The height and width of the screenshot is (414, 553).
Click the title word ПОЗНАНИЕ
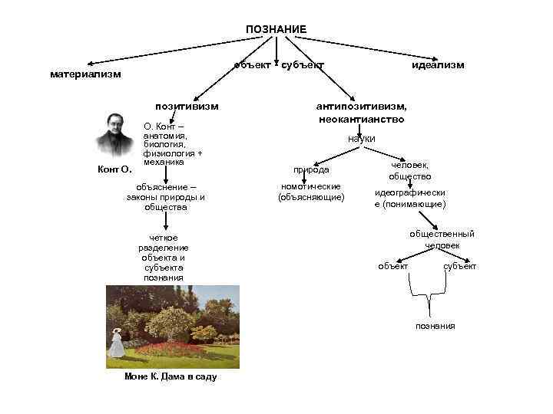(276, 29)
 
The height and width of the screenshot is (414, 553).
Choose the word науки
(361, 139)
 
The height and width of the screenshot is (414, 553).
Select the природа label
(312, 169)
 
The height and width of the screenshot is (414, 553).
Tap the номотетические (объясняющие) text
(312, 192)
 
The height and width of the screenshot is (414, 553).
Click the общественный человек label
(442, 239)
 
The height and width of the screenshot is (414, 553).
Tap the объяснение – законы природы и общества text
(165, 196)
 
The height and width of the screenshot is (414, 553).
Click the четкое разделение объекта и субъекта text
(163, 258)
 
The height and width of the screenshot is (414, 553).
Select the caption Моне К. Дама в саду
(171, 377)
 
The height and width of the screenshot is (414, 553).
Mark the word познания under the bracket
(435, 326)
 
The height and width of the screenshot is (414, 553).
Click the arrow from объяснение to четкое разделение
(165, 219)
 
